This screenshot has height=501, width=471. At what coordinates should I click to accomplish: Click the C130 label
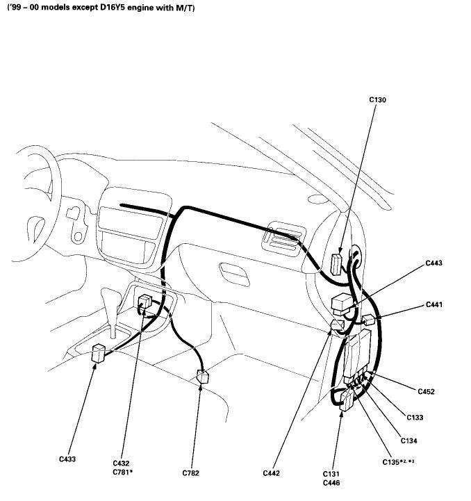click(x=377, y=99)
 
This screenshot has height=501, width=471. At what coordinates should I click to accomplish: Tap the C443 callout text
click(x=433, y=263)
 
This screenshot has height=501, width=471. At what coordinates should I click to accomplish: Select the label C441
click(x=434, y=304)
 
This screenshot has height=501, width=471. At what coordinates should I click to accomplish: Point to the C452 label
click(x=427, y=391)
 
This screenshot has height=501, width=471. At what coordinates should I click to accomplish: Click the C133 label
click(x=415, y=418)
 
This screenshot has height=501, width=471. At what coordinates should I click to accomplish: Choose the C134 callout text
click(x=408, y=441)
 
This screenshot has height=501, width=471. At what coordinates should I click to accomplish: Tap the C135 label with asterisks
click(x=398, y=462)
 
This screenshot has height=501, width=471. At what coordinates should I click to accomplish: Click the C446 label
click(x=331, y=483)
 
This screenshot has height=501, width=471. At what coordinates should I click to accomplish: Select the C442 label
click(x=272, y=473)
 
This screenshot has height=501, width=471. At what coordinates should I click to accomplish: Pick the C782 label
click(x=191, y=473)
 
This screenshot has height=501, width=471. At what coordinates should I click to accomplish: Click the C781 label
click(x=122, y=472)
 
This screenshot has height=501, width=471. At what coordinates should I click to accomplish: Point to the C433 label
click(x=67, y=459)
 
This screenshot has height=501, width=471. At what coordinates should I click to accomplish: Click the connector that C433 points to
click(x=99, y=353)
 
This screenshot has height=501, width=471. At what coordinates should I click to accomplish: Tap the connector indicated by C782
click(x=203, y=377)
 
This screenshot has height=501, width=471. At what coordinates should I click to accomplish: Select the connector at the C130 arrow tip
click(x=336, y=264)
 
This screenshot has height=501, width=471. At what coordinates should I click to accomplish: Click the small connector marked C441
click(x=368, y=320)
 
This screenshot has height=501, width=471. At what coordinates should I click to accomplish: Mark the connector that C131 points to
click(x=347, y=401)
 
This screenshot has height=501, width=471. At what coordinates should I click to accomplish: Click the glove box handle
click(x=235, y=274)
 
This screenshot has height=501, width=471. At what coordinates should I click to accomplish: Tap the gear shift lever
click(x=112, y=311)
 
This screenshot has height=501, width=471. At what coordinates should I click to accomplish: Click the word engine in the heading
click(x=140, y=8)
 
